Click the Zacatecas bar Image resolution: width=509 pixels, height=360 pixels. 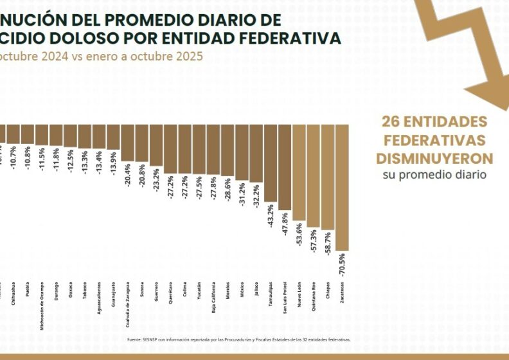coord(342,187)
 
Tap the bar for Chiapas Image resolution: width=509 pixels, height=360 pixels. coord(328,177)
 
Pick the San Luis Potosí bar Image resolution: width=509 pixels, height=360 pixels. coord(285,168)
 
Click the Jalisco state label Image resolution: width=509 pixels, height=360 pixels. coord(256,288)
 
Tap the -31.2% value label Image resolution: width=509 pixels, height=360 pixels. coord(242,194)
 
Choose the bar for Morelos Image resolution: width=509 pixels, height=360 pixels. coord(228,150)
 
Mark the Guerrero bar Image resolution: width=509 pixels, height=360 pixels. coord(156,145)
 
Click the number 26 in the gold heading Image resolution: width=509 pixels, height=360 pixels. coord(389,122)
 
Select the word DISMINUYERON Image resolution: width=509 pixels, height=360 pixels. coord(434,158)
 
